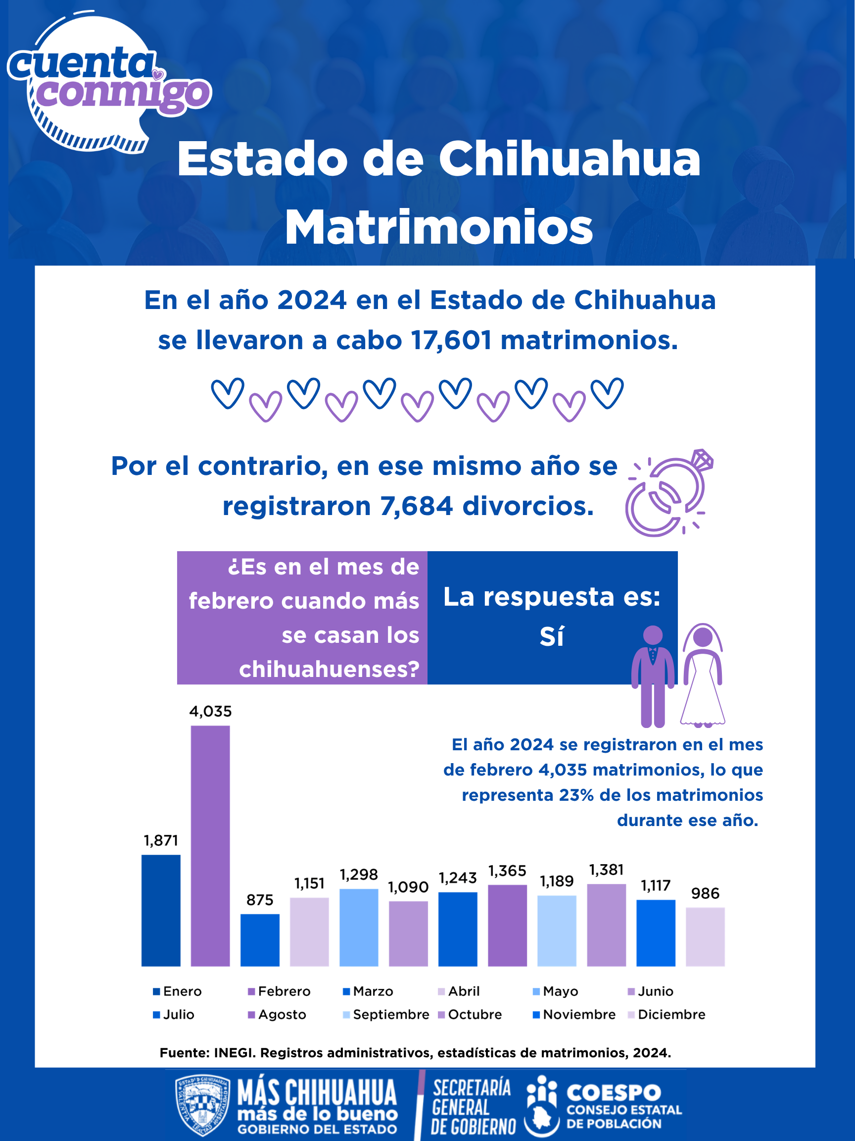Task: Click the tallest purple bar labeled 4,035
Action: pos(210,845)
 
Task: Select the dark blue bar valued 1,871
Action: pos(161,910)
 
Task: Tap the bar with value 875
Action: pos(260,940)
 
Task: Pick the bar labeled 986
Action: pos(705,937)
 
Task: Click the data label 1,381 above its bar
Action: pos(607,870)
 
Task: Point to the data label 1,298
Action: pos(359,875)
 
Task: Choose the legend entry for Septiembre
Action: pos(386,1015)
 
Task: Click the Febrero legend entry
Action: pos(280,991)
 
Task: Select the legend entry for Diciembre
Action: pos(667,1015)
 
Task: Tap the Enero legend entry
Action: pos(177,991)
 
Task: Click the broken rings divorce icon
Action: pos(669,493)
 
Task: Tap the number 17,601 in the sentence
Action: pos(451,340)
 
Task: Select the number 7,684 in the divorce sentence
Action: pos(417,506)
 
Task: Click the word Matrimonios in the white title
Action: pos(439,227)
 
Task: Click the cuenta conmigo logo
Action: pos(109,82)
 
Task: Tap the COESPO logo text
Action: pos(614,1092)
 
